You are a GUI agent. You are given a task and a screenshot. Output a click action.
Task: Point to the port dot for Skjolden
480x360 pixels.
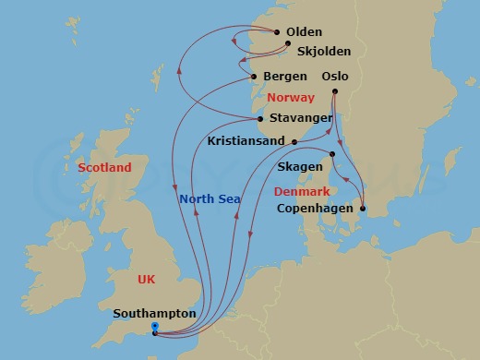(x=289, y=43)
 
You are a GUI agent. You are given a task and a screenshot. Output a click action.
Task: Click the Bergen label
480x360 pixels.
(x=284, y=76)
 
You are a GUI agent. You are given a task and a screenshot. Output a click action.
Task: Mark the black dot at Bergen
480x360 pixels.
(x=254, y=76)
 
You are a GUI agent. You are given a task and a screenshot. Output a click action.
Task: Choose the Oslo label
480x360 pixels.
(x=335, y=76)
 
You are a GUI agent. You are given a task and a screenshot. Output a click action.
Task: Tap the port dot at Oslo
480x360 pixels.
(x=334, y=91)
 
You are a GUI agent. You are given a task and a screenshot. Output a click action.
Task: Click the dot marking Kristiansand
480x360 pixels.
(x=294, y=142)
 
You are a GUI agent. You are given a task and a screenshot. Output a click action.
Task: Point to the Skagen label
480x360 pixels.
(x=300, y=166)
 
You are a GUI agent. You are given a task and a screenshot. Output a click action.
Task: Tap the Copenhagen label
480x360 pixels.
(x=315, y=209)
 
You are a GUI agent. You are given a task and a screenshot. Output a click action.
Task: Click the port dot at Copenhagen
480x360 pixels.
(x=363, y=209)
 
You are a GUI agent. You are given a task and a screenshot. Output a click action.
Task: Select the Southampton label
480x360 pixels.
(x=153, y=314)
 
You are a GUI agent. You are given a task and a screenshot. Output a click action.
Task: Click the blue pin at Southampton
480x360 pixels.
(x=154, y=328)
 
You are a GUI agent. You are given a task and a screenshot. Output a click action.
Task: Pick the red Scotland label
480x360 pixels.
(x=104, y=167)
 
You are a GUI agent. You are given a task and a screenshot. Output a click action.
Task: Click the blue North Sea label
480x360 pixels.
(x=210, y=198)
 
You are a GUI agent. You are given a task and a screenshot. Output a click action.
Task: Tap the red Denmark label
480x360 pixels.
(x=302, y=191)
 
